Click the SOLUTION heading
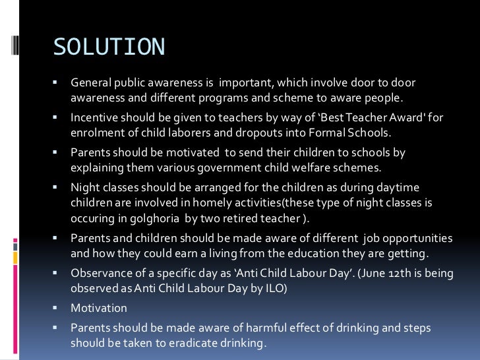point(109,47)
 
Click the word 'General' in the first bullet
point(91,83)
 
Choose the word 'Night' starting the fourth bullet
point(84,188)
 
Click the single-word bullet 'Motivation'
point(99,308)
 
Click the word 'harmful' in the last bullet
point(251,328)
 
